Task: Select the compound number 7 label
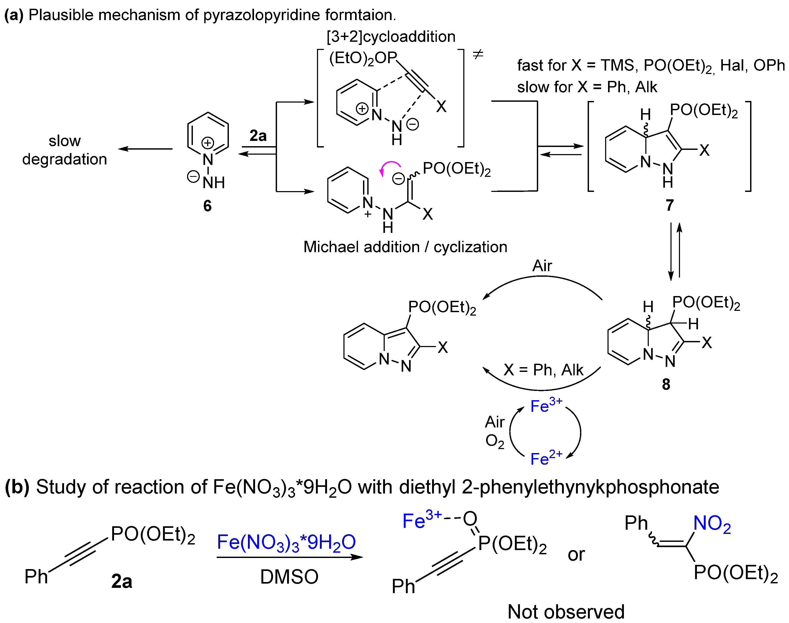(669, 205)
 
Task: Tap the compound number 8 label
(666, 384)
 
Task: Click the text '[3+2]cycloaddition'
(391, 37)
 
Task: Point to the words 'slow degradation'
(65, 150)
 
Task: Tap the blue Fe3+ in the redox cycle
(546, 406)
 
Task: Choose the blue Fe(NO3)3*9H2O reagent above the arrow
(286, 542)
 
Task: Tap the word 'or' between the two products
(576, 555)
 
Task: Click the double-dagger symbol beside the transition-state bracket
(478, 55)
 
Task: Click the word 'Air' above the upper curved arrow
(542, 266)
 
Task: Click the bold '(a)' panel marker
(14, 15)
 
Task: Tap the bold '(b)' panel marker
(17, 487)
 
